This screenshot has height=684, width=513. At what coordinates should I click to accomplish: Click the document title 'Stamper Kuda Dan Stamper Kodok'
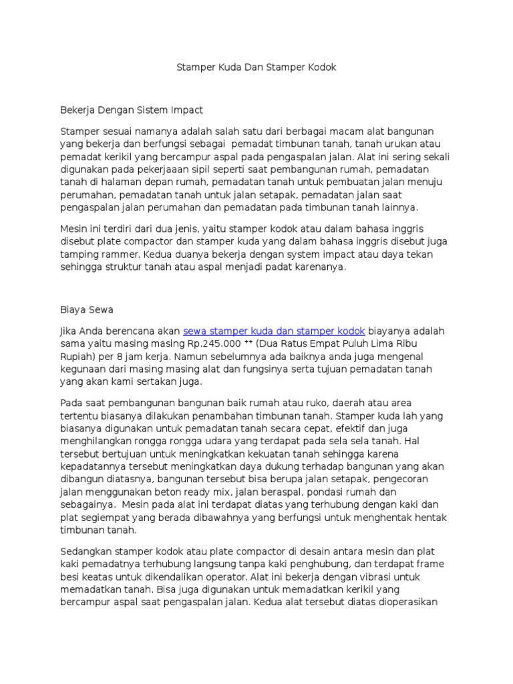pos(256,67)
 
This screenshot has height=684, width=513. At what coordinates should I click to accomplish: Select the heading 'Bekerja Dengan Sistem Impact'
pos(132,109)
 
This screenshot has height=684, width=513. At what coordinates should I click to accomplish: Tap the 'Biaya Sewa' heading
pos(87,309)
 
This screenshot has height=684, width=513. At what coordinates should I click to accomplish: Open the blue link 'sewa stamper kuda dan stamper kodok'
pos(274,331)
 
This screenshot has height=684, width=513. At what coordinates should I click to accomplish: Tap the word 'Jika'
pos(69,331)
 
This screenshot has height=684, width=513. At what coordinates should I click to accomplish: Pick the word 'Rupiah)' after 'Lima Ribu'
pos(77,357)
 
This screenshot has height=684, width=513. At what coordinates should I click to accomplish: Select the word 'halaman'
pos(114,182)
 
